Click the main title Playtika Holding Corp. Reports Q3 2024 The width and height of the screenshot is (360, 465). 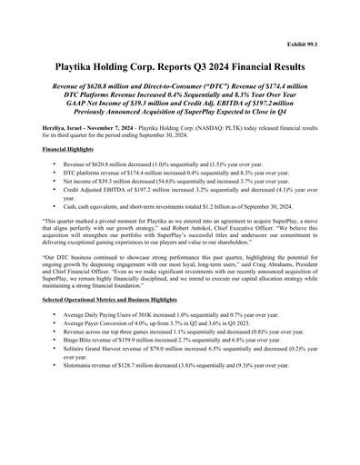pos(179,67)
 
